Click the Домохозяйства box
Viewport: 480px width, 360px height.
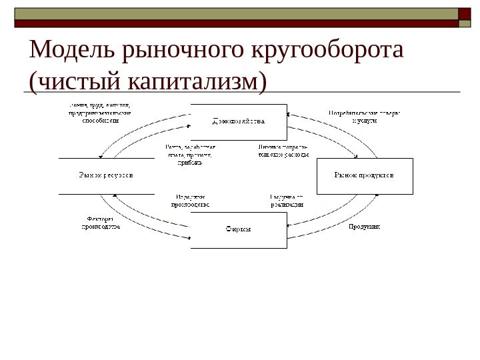point(239,122)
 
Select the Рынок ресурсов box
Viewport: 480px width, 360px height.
point(106,175)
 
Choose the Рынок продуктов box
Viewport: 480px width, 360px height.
point(364,175)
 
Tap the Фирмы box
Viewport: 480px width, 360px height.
point(239,229)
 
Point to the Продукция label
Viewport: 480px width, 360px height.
point(365,227)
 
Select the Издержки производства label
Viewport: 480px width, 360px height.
point(191,201)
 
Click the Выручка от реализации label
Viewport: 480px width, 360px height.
point(287,201)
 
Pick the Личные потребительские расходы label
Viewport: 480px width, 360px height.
point(283,151)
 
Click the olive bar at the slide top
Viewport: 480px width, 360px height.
point(233,13)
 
